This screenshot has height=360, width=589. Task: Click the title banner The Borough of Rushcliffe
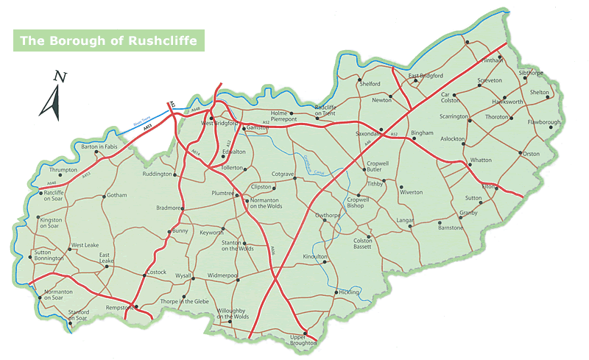107,40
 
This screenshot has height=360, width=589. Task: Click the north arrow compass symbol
52,96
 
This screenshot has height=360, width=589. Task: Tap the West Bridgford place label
218,124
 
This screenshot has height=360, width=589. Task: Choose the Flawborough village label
545,122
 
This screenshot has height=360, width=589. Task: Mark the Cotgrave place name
283,174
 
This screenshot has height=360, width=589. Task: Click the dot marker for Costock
144,276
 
